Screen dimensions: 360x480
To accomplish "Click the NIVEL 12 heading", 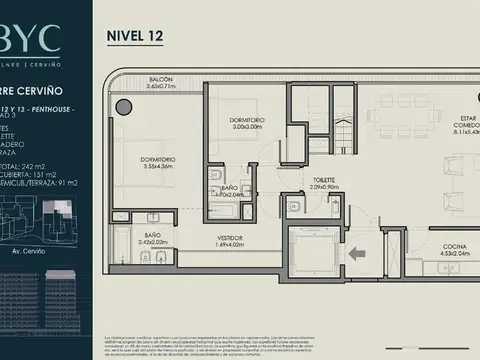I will (135, 36).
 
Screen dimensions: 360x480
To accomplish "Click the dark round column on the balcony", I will (123, 107).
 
